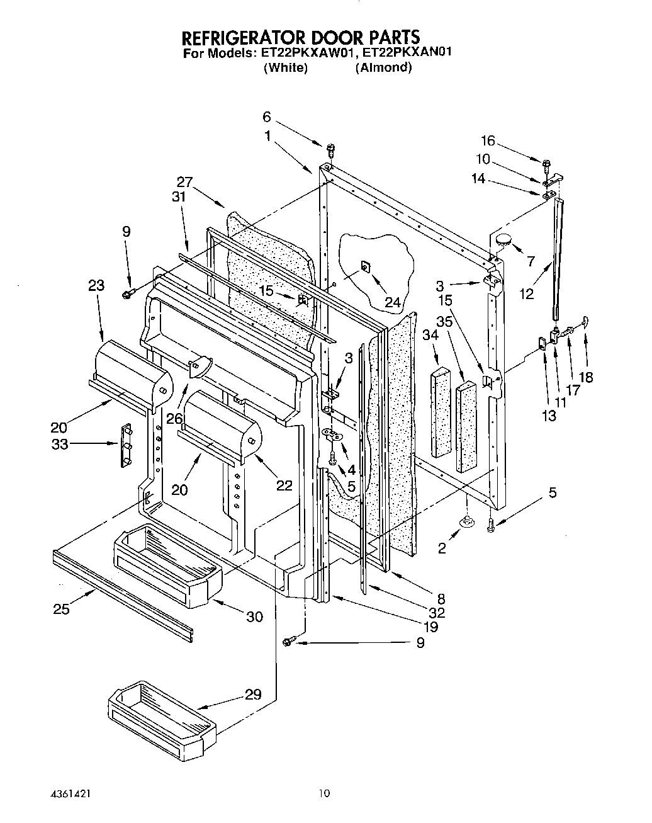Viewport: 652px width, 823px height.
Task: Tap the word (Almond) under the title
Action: (383, 67)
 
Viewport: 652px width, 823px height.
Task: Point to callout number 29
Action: (252, 696)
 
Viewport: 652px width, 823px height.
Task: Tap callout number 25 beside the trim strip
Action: (62, 608)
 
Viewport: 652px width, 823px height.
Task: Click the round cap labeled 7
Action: (504, 239)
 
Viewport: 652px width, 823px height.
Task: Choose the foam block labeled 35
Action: (466, 425)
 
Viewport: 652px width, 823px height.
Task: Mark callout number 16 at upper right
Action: (488, 140)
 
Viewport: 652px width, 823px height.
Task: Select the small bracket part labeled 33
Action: (126, 445)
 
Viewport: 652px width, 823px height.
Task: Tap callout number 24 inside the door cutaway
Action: (393, 302)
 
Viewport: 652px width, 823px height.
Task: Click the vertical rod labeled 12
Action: (556, 258)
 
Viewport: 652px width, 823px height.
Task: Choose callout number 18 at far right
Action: (585, 377)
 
